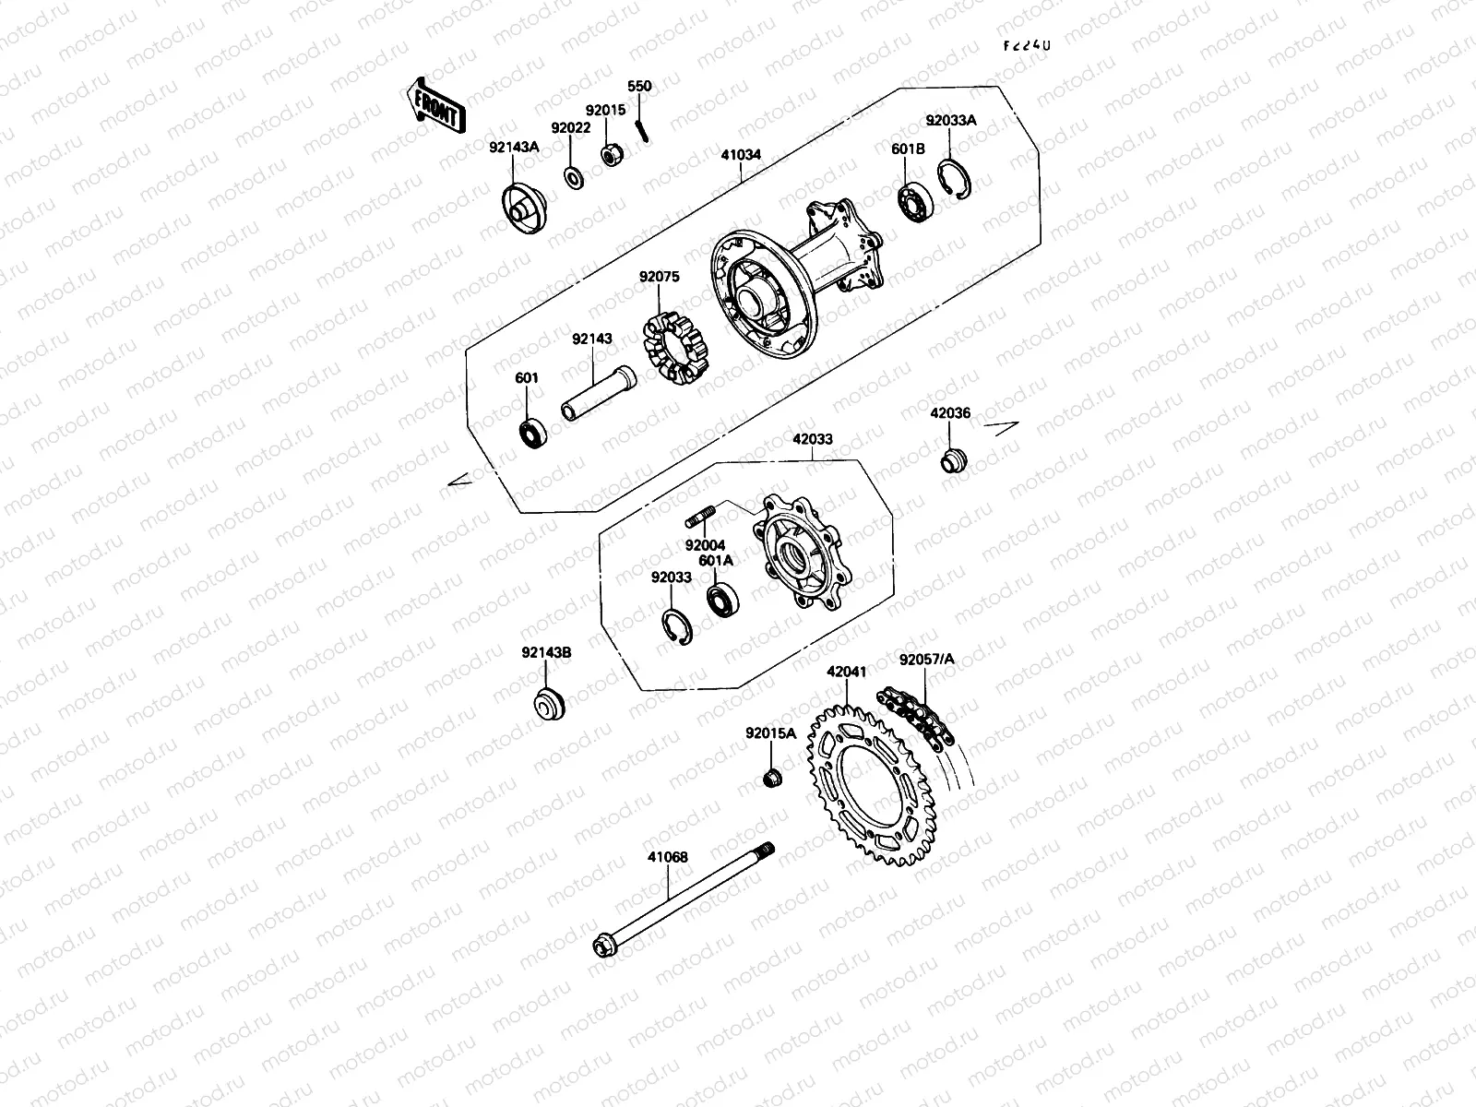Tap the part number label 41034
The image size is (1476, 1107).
point(741,155)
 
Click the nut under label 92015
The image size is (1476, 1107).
point(610,156)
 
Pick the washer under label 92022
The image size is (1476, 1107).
point(572,175)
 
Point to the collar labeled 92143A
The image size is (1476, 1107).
point(523,204)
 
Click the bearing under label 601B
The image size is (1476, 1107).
point(916,200)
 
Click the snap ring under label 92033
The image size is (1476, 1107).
point(676,626)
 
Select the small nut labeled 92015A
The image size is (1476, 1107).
point(773,778)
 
